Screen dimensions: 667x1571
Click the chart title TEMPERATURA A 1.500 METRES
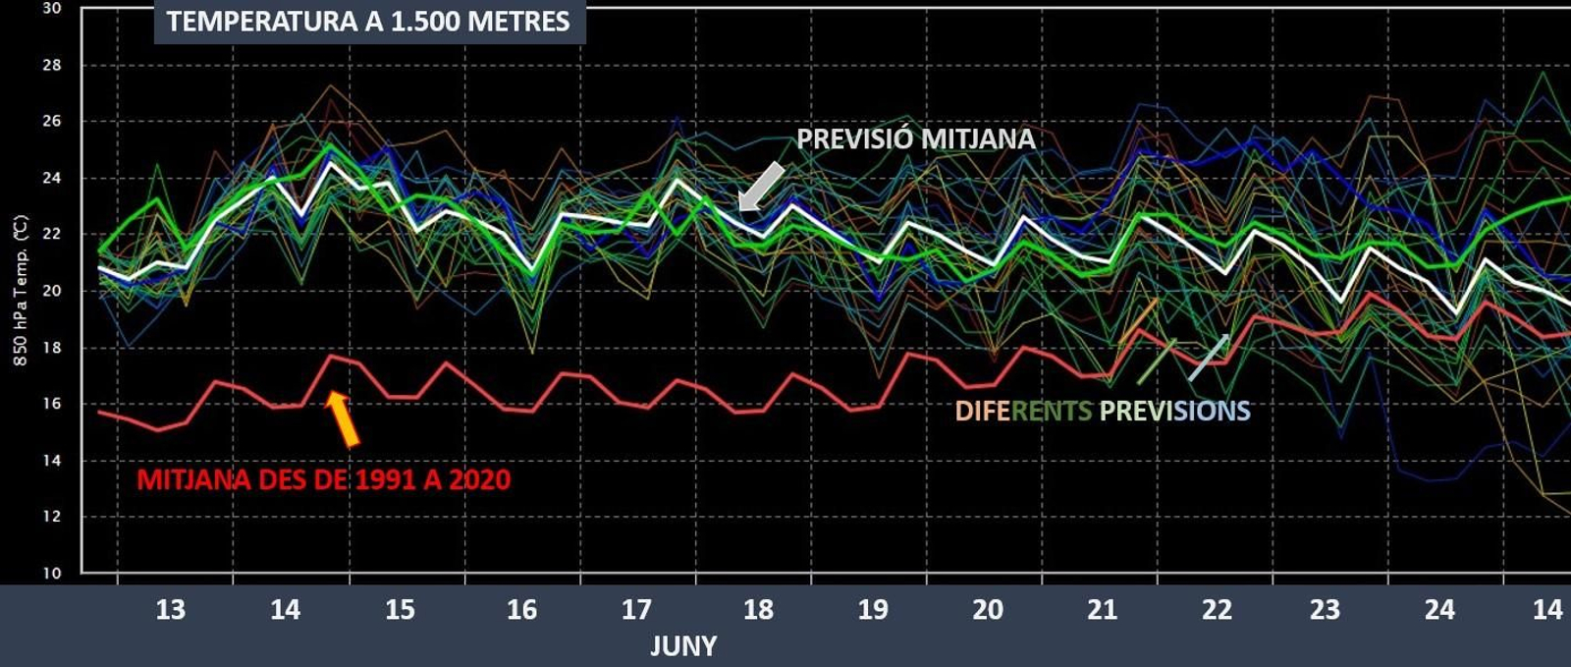[x=368, y=22]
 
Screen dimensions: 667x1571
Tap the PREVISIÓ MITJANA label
[x=915, y=139]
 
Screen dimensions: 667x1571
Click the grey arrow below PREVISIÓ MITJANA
[x=761, y=187]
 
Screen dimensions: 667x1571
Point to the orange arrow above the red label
[x=343, y=418]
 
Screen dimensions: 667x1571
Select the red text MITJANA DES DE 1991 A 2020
[x=323, y=480]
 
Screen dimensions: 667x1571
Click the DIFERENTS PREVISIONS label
[x=1102, y=411]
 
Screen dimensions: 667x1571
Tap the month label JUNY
[x=683, y=646]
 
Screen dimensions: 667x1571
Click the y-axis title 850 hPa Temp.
[x=21, y=291]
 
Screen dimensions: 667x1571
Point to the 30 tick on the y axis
[x=51, y=9]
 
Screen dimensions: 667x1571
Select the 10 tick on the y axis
[x=51, y=573]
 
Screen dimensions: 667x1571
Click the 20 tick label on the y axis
[x=51, y=291]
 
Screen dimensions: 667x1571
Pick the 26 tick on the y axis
[x=51, y=122]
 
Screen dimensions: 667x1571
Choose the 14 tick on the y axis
[x=51, y=460]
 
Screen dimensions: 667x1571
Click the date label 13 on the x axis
[x=170, y=610]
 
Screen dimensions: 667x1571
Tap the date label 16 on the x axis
[x=521, y=610]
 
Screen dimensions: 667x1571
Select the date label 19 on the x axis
[x=872, y=610]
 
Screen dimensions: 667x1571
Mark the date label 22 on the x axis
[x=1217, y=610]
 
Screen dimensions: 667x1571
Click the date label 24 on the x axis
[x=1439, y=610]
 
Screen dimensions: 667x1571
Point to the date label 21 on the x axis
[x=1102, y=610]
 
